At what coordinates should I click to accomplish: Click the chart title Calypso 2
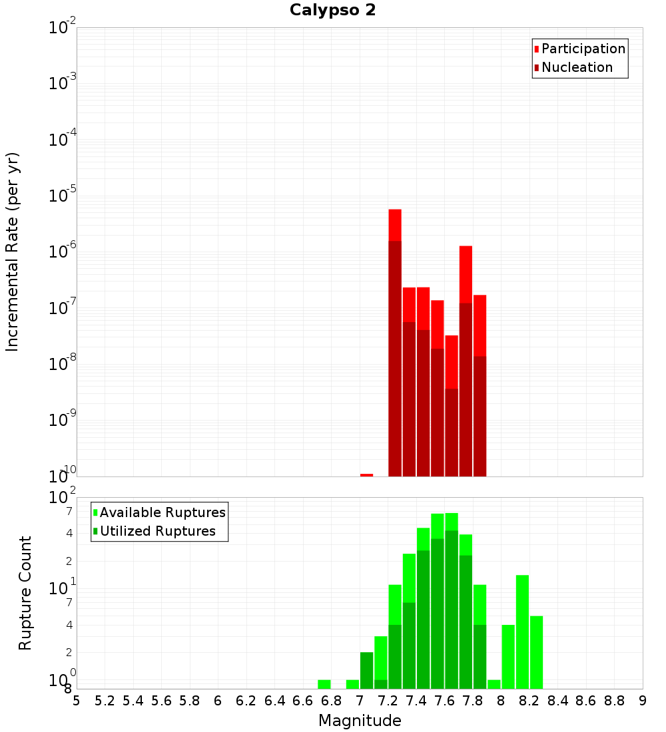[x=332, y=10]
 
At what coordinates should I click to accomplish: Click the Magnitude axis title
[x=360, y=721]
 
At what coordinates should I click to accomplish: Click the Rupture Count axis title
[x=25, y=593]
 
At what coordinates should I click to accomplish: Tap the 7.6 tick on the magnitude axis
[x=445, y=701]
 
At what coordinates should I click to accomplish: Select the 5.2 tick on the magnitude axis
[x=105, y=701]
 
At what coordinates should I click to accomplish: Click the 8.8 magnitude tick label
[x=615, y=701]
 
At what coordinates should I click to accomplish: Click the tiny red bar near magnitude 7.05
[x=366, y=474]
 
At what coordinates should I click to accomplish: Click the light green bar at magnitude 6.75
[x=324, y=684]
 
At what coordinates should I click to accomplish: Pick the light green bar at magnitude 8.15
[x=522, y=632]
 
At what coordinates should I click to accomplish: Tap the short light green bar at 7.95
[x=494, y=684]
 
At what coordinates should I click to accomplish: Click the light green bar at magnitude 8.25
[x=536, y=652]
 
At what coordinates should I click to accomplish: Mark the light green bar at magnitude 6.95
[x=352, y=684]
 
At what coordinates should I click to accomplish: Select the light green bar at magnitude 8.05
[x=508, y=657]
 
